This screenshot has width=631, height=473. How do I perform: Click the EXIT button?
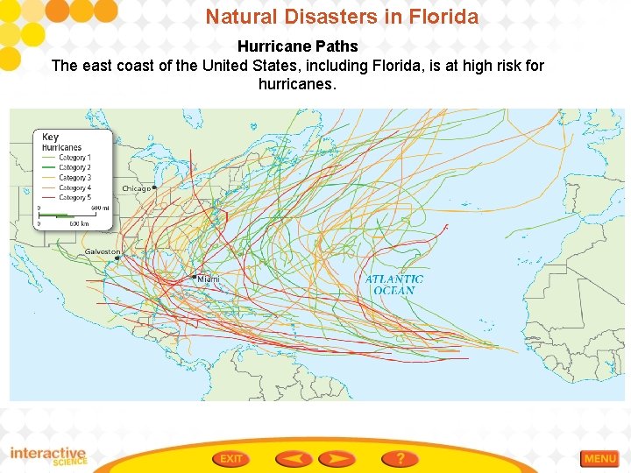click(x=230, y=458)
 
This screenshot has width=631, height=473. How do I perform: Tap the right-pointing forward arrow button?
click(x=337, y=458)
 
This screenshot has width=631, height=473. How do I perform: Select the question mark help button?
click(x=400, y=458)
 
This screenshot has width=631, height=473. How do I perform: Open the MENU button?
click(x=599, y=458)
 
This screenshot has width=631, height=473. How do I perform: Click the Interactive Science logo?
click(x=48, y=456)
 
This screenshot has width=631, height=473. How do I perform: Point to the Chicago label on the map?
click(x=135, y=188)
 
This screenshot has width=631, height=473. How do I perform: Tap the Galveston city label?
click(x=102, y=251)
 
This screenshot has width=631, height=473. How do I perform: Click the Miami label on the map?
click(x=209, y=279)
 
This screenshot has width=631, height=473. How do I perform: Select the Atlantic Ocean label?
click(x=394, y=285)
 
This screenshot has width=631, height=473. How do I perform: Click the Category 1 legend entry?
click(x=74, y=158)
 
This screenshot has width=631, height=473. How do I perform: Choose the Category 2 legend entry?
click(x=74, y=167)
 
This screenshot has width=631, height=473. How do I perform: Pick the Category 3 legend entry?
click(x=74, y=178)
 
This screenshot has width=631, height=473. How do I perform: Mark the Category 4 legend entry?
click(x=74, y=187)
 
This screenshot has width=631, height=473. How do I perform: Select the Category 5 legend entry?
click(x=74, y=198)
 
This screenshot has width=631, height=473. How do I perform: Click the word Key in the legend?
click(x=50, y=137)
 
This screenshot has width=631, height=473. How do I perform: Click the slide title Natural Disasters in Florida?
click(x=342, y=17)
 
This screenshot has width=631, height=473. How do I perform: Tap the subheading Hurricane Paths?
click(x=298, y=46)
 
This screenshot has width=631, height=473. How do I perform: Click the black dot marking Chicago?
click(x=154, y=187)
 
